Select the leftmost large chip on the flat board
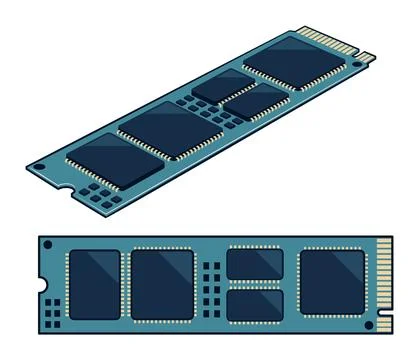tap(93, 284)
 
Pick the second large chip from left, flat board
tap(162, 284)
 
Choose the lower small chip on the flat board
tap(255, 306)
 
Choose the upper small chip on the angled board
tap(220, 85)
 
